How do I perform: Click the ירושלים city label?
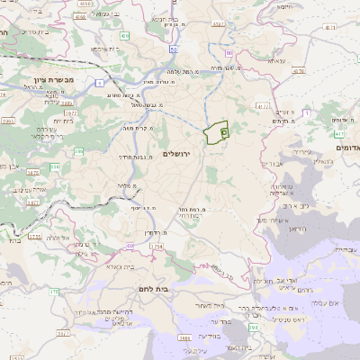[x=180, y=155]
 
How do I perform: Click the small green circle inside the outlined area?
[x=223, y=132]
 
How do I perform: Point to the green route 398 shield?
[x=255, y=328]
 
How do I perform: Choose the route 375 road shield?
[x=54, y=291]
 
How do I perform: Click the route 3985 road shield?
[x=183, y=338]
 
